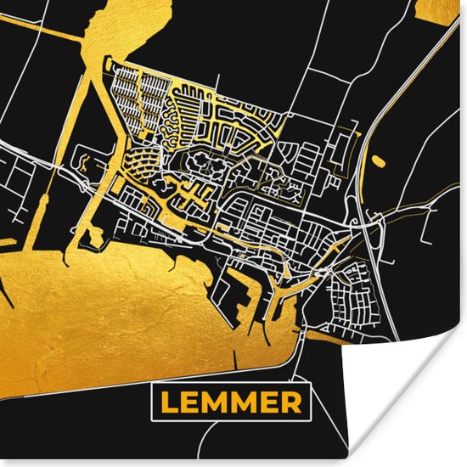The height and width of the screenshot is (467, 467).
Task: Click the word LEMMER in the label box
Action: [231, 401]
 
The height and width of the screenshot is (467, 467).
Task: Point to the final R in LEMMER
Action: [291, 401]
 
